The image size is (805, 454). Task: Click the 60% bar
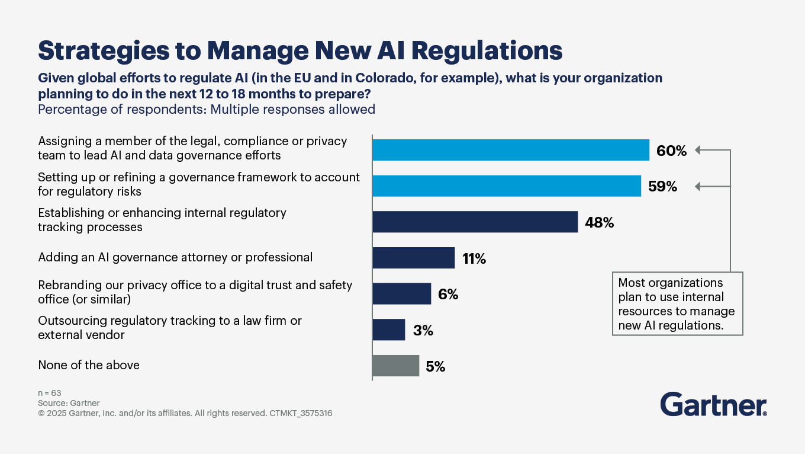click(x=510, y=151)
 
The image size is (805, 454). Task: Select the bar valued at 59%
click(x=506, y=186)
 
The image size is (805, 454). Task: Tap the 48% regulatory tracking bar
click(x=475, y=222)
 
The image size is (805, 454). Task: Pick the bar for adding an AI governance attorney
click(x=413, y=258)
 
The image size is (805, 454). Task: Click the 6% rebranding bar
click(x=401, y=294)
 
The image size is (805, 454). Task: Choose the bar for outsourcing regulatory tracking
click(x=388, y=330)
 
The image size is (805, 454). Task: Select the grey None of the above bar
click(x=395, y=366)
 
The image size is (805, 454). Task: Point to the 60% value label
click(x=671, y=151)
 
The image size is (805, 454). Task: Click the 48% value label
click(x=599, y=223)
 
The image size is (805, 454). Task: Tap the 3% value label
click(x=423, y=330)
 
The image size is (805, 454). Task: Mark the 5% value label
click(x=435, y=367)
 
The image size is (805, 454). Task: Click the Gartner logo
click(x=713, y=404)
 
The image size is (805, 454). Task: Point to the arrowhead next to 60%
click(x=698, y=150)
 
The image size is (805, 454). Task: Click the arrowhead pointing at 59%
click(x=698, y=187)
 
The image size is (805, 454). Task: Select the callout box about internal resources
click(x=677, y=303)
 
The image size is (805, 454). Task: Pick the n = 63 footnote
click(x=50, y=393)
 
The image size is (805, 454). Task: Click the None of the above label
click(x=89, y=365)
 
